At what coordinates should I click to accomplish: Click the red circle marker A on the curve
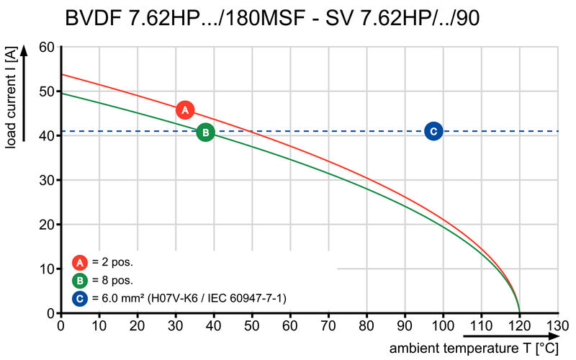[x=185, y=110]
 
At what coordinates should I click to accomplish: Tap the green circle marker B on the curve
[x=205, y=132]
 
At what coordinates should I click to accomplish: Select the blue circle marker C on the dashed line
[x=433, y=131]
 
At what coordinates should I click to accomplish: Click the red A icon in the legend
[x=80, y=262]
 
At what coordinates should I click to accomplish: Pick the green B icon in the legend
[x=80, y=280]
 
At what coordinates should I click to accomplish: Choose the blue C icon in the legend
[x=80, y=297]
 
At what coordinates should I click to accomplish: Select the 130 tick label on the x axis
[x=558, y=325]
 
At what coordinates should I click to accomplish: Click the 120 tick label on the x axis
[x=519, y=325]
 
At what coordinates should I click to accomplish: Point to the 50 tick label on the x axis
[x=252, y=325]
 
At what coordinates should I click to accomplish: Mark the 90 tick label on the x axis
[x=405, y=325]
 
